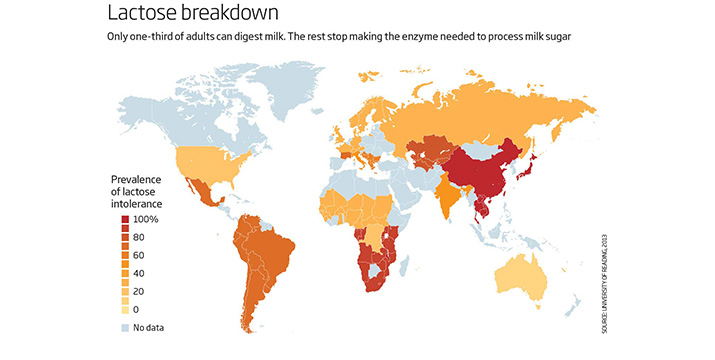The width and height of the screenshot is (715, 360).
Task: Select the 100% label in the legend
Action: pyautogui.click(x=146, y=219)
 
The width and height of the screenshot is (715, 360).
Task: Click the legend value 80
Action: pyautogui.click(x=140, y=238)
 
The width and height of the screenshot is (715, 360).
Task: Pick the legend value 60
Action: pyautogui.click(x=140, y=257)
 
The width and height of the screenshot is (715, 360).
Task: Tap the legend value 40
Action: pyautogui.click(x=140, y=275)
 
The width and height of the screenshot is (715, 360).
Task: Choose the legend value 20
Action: pyautogui.click(x=140, y=293)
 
